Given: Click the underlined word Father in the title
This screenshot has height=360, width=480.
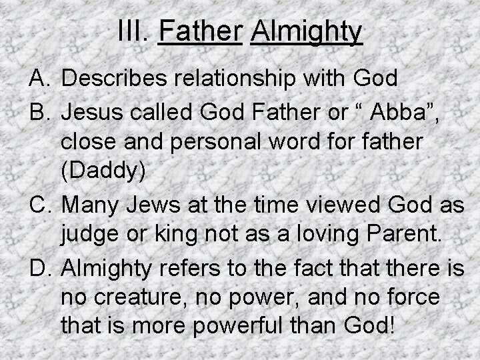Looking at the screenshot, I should pos(199,31).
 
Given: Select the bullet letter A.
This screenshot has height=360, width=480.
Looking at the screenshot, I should pos(39,79).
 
